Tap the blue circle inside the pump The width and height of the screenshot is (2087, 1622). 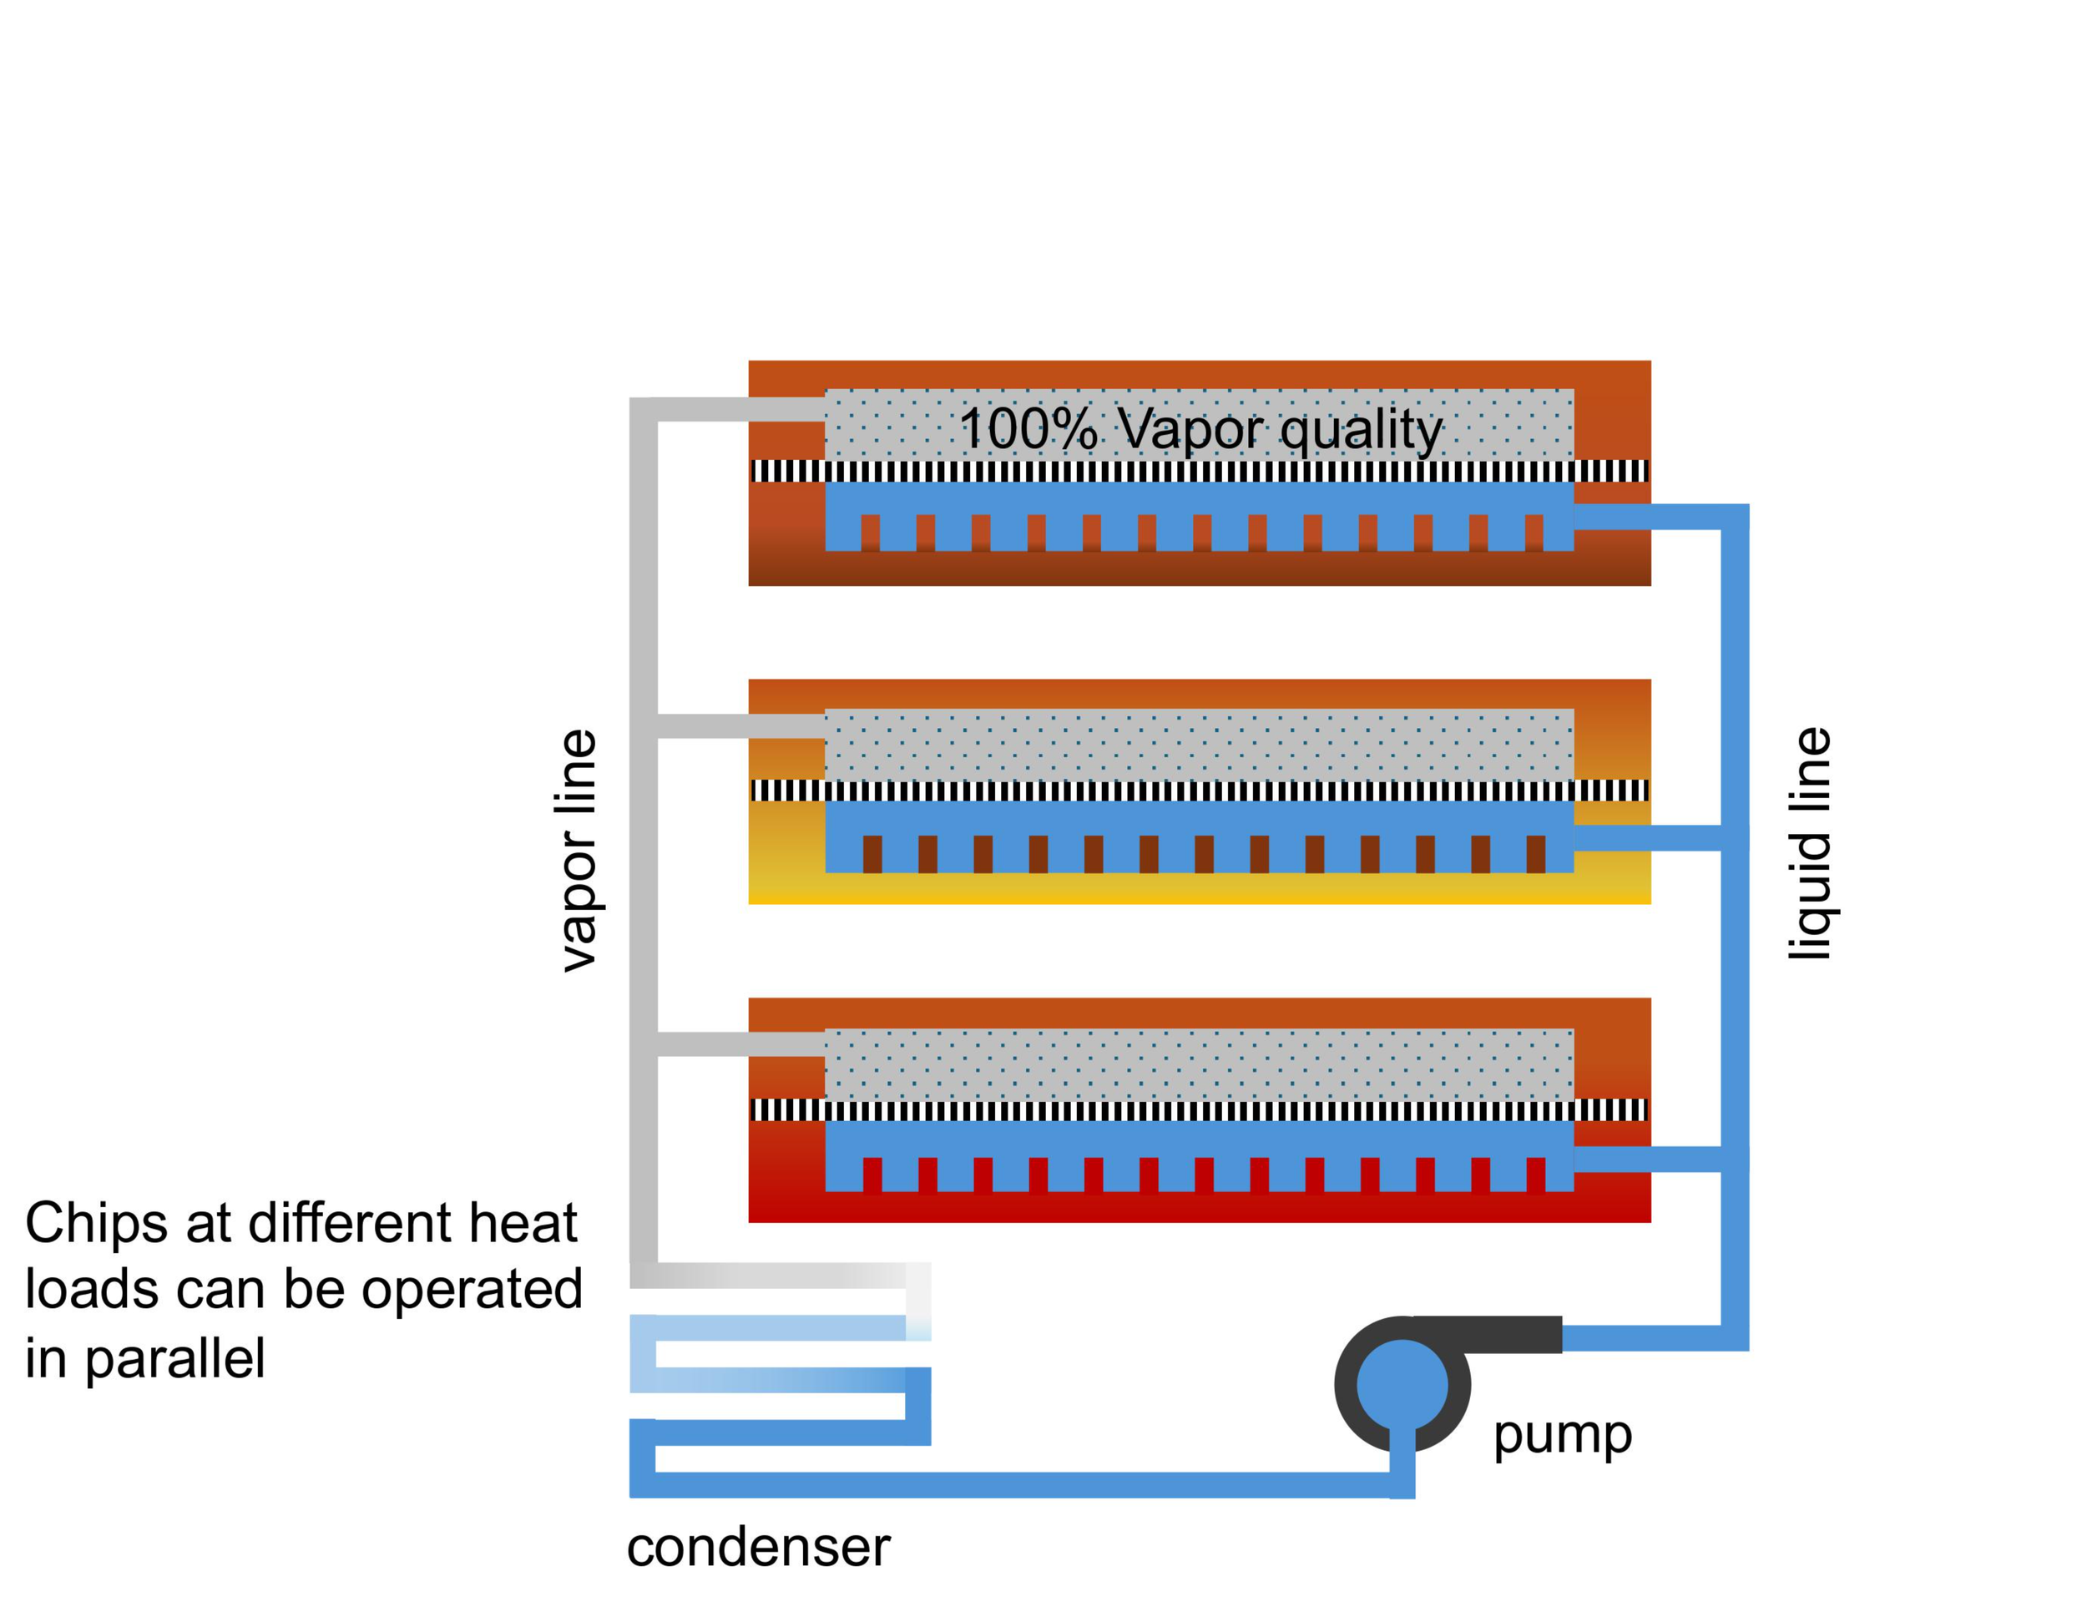(1402, 1384)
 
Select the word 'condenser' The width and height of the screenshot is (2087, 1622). (758, 1548)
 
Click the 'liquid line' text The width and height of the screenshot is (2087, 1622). (1809, 843)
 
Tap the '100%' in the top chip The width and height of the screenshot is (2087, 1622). (1028, 428)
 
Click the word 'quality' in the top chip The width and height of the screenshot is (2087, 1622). (1361, 431)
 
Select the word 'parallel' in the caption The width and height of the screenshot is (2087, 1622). (174, 1358)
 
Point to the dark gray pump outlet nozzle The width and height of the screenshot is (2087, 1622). (1487, 1333)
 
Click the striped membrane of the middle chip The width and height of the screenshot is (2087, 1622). (1200, 791)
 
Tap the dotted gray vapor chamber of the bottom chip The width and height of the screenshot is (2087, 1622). (1200, 1064)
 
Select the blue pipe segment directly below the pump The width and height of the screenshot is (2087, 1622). (1402, 1463)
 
